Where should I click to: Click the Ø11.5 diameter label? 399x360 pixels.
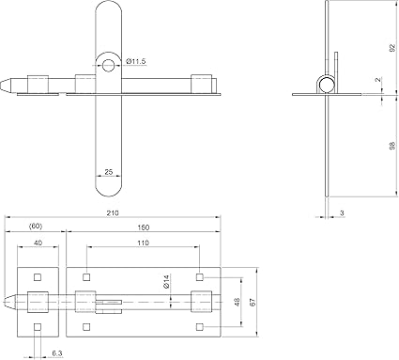pyautogui.click(x=136, y=61)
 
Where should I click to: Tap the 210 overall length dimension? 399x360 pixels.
pyautogui.click(x=113, y=213)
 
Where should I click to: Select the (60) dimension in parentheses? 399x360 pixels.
pyautogui.click(x=36, y=227)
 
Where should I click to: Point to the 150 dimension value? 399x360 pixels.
pyautogui.click(x=144, y=227)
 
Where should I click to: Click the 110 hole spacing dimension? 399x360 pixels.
pyautogui.click(x=143, y=243)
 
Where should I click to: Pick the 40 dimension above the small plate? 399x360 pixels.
pyautogui.click(x=38, y=243)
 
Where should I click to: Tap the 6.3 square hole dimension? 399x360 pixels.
pyautogui.click(x=57, y=353)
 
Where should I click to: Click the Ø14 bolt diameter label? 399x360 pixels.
pyautogui.click(x=166, y=281)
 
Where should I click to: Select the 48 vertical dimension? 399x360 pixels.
pyautogui.click(x=237, y=302)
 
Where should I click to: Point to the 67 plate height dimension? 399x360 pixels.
pyautogui.click(x=253, y=302)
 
